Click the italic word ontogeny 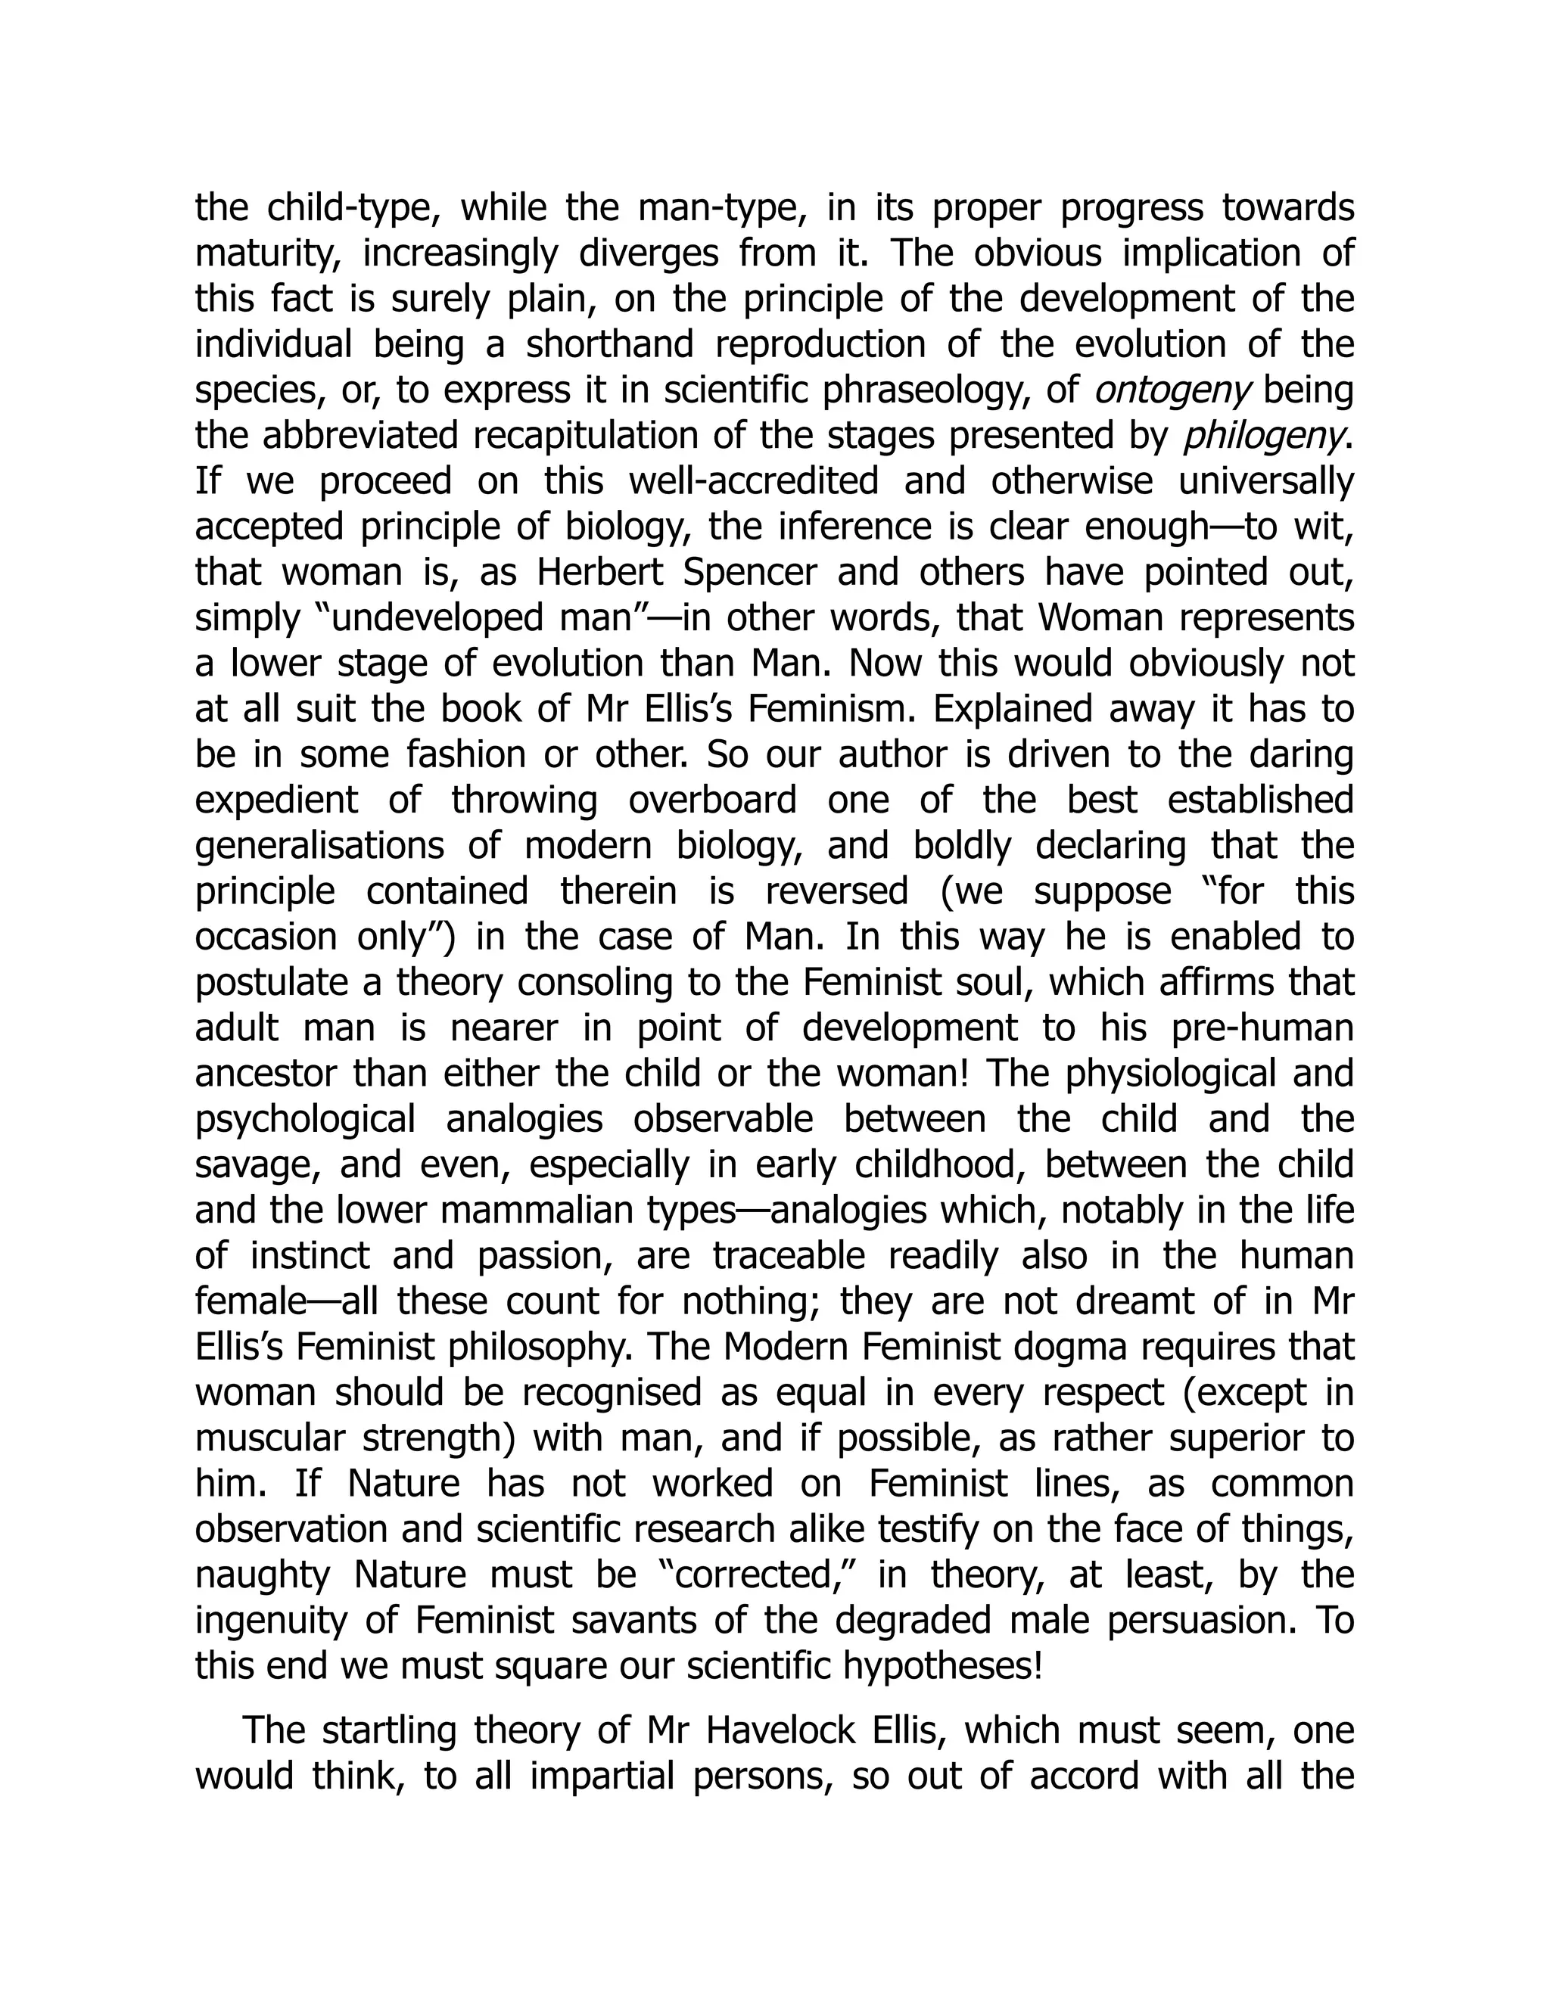point(1172,391)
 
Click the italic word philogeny point(1265,436)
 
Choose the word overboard point(712,800)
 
